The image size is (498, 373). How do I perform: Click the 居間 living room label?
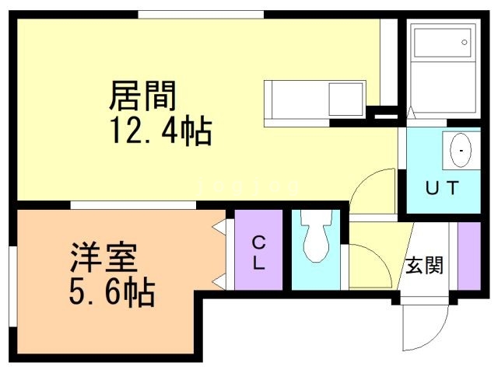142,96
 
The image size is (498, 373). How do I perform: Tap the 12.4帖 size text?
161,131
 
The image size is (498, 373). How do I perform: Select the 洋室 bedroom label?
103,257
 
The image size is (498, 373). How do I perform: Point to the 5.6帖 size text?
112,291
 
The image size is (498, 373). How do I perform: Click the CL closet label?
258,253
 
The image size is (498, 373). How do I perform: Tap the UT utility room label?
442,188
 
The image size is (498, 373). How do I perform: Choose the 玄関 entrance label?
424,264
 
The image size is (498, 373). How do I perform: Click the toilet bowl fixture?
317,236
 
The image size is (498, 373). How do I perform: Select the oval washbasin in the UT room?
461,150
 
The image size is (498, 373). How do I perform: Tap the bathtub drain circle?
465,42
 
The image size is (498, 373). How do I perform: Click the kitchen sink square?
345,99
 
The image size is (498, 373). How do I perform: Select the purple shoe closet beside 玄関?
468,256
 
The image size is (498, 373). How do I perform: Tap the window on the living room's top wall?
201,15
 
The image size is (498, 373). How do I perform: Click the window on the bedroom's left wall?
13,286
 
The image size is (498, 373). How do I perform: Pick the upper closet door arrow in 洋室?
219,227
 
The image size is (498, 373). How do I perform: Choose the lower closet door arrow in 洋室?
219,281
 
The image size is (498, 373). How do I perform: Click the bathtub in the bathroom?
443,44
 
